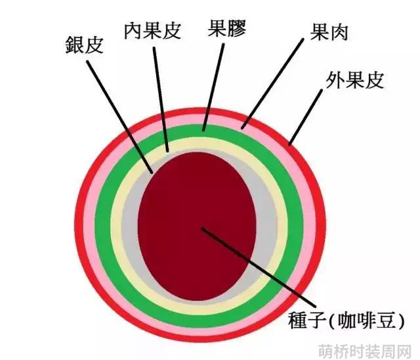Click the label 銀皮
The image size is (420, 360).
[85, 45]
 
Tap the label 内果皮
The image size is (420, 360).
[152, 31]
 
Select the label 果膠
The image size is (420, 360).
[227, 28]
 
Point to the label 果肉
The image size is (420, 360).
[329, 32]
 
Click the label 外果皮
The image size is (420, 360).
[354, 80]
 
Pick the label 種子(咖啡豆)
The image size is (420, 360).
[346, 321]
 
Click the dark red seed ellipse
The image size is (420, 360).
[197, 227]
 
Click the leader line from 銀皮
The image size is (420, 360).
[119, 117]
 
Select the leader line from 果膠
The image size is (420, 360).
[213, 87]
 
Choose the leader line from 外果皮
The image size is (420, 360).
[306, 118]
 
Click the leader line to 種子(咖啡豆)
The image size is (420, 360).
[259, 267]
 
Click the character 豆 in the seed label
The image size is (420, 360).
[385, 321]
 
